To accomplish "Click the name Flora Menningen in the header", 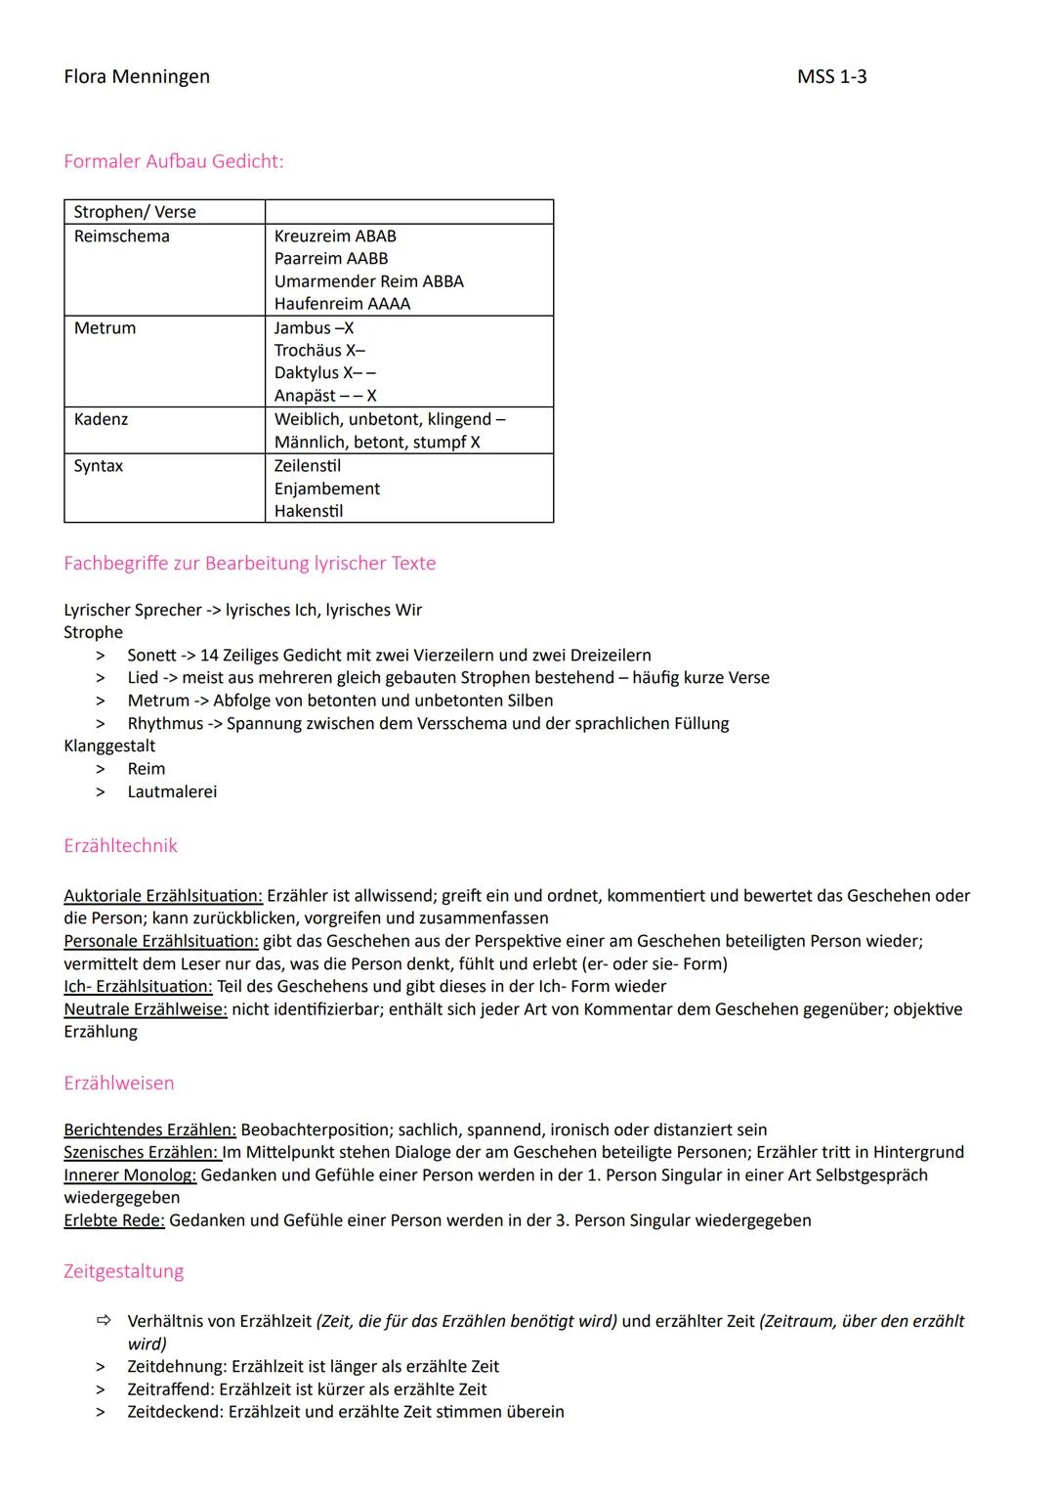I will [137, 76].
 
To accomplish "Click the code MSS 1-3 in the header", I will [831, 76].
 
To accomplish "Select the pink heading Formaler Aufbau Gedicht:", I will [173, 161].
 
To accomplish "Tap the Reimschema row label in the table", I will [122, 236].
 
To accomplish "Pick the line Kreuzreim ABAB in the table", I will [335, 236].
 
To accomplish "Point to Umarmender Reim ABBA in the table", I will [368, 281].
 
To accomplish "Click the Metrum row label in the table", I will [105, 328].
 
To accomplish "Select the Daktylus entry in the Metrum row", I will [306, 373].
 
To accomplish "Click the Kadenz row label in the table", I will [101, 419].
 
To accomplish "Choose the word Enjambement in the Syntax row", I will [327, 489].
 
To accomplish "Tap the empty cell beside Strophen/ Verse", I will [408, 212].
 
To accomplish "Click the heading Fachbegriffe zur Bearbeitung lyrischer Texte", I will [249, 563].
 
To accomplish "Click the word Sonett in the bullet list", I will [151, 656].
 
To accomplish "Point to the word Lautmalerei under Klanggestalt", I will [172, 792].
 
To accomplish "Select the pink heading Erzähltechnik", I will [120, 846].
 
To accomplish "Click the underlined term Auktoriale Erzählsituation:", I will [163, 896].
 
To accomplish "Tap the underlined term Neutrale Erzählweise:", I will [146, 1009].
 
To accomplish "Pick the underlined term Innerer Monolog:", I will [130, 1175].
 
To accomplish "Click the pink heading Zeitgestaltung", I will [123, 1272].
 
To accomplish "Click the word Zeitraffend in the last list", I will [170, 1389].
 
